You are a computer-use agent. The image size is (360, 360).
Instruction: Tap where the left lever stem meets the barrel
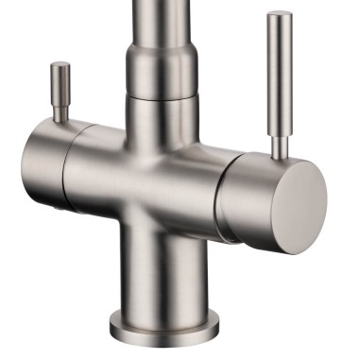(x=62, y=122)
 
